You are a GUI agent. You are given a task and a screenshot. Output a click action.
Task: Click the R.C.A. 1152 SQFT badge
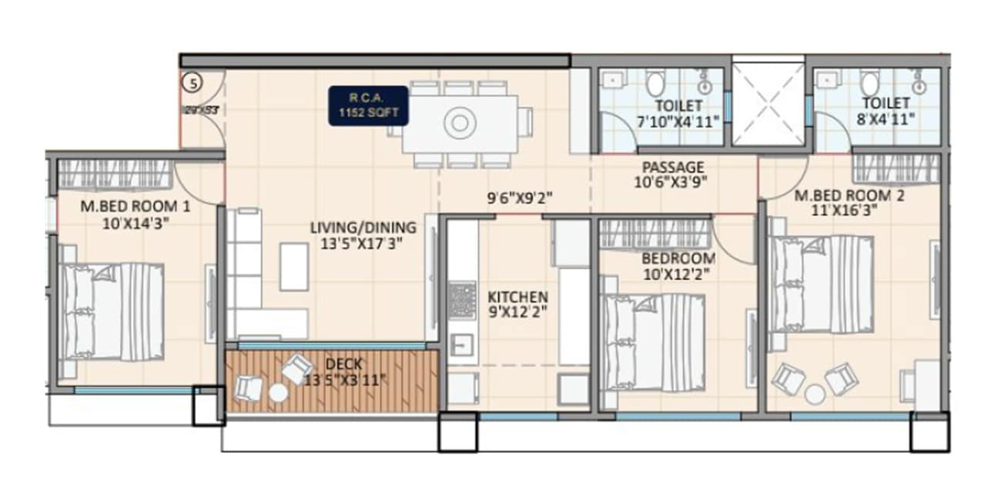(369, 105)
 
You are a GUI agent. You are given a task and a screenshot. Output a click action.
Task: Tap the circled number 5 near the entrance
(190, 81)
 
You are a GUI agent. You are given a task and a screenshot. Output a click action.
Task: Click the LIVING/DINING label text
(363, 228)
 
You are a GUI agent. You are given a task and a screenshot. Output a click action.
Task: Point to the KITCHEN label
(518, 297)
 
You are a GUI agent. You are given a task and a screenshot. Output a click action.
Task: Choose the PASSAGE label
(673, 167)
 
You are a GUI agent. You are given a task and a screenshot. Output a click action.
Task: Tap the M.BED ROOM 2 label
(849, 196)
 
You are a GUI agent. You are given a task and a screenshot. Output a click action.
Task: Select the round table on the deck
(278, 392)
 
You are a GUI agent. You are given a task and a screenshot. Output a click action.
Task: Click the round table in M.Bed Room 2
(815, 394)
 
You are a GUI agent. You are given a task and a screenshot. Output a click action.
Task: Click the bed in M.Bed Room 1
(112, 311)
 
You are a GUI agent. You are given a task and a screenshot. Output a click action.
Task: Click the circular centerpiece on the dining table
(460, 122)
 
